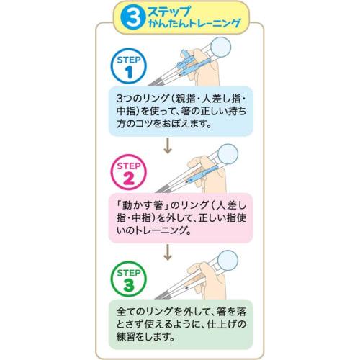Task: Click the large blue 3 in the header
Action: [x=131, y=19]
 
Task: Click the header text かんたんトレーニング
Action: [x=189, y=27]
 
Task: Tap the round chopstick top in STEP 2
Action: [x=229, y=155]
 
